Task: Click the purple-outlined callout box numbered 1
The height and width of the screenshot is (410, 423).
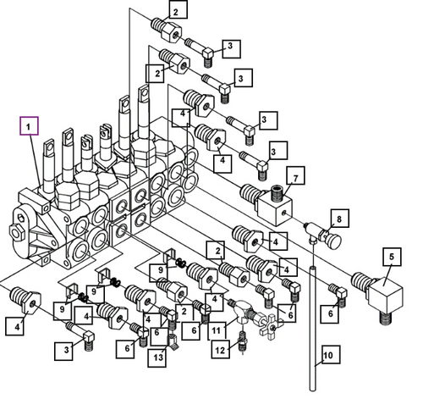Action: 29,126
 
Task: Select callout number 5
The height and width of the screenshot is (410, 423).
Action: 392,257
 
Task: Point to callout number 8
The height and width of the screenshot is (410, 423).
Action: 339,219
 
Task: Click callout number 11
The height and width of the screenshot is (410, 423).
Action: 217,330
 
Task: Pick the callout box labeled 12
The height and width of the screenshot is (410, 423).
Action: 221,350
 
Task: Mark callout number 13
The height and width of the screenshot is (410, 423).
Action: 157,358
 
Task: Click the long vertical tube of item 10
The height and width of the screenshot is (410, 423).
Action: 312,329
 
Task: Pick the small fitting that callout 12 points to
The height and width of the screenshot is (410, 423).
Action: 243,341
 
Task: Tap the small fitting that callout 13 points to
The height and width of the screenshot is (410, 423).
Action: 173,342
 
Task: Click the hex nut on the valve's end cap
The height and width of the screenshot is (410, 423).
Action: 17,232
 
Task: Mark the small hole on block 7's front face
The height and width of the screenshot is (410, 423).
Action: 284,213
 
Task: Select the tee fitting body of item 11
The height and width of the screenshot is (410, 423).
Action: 243,312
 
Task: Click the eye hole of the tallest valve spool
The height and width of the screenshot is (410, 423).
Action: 145,92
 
